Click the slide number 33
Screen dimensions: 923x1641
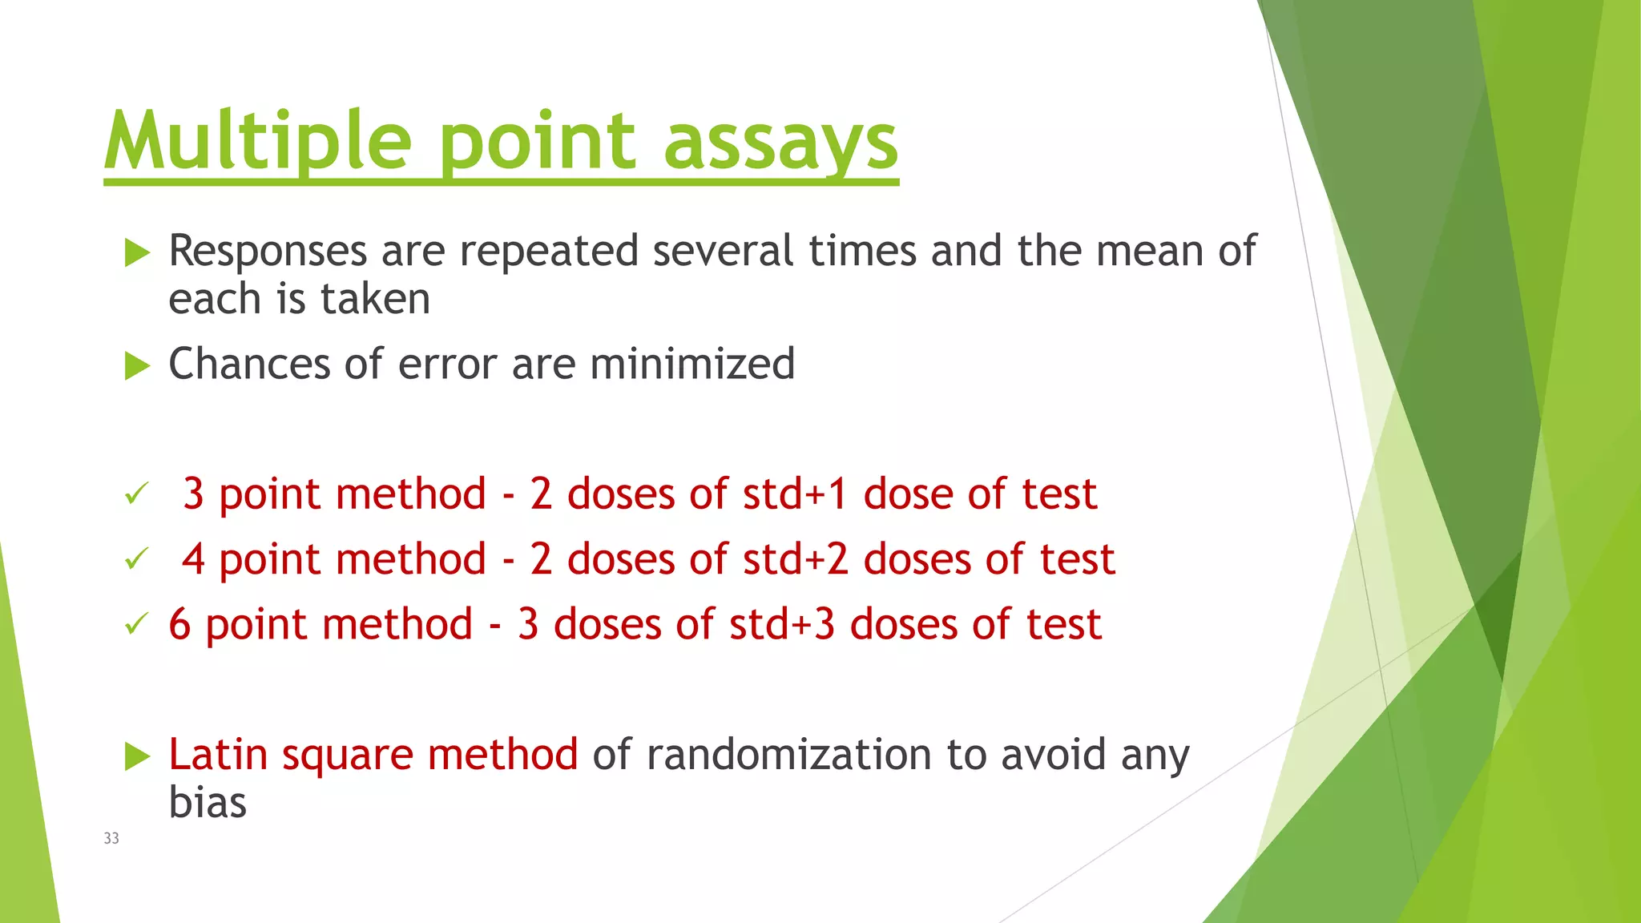pos(111,838)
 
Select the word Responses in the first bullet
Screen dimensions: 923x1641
pos(268,252)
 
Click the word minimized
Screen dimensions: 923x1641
pos(692,364)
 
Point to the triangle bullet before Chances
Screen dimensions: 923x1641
pos(138,367)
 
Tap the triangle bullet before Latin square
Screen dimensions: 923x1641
pos(138,756)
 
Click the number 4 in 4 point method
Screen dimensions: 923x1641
pos(193,559)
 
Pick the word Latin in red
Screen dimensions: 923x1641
pos(218,755)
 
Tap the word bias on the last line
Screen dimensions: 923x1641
pos(208,803)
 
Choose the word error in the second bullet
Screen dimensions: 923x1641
pos(447,365)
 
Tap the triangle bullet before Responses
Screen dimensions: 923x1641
pos(138,254)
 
